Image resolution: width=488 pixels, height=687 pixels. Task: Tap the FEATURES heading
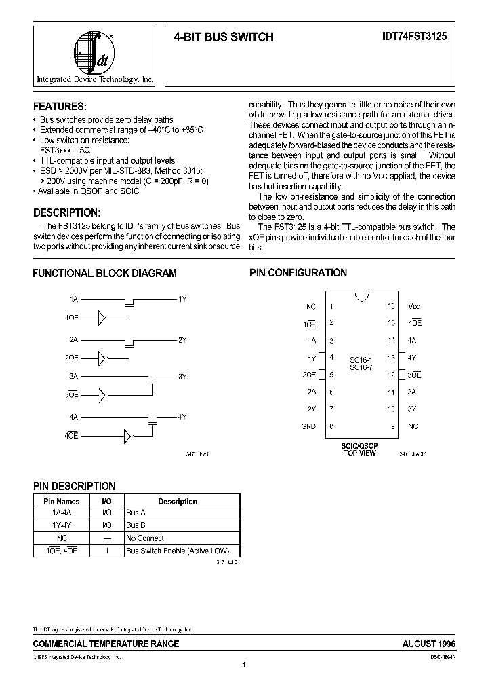point(60,107)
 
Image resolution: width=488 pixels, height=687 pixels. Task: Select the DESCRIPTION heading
point(66,212)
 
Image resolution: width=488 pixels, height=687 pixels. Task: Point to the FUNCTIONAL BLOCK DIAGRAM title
point(105,273)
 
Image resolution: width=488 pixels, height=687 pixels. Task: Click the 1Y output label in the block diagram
point(182,299)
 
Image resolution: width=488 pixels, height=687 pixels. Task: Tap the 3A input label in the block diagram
point(73,375)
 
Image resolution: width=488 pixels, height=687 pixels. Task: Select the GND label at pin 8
point(308,426)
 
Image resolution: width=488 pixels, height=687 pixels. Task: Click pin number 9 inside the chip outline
point(392,426)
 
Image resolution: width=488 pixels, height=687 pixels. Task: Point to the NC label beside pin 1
point(311,306)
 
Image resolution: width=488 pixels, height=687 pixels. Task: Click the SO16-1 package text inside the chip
point(361,359)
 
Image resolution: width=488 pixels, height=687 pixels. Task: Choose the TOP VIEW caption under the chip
point(360,453)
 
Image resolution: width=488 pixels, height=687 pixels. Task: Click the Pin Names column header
point(62,501)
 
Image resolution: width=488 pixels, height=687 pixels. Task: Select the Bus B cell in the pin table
point(136,525)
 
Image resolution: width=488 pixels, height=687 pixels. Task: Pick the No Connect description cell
point(145,538)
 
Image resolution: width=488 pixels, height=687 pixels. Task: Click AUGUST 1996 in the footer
point(430,644)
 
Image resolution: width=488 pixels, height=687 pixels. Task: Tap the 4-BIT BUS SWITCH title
point(224,38)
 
